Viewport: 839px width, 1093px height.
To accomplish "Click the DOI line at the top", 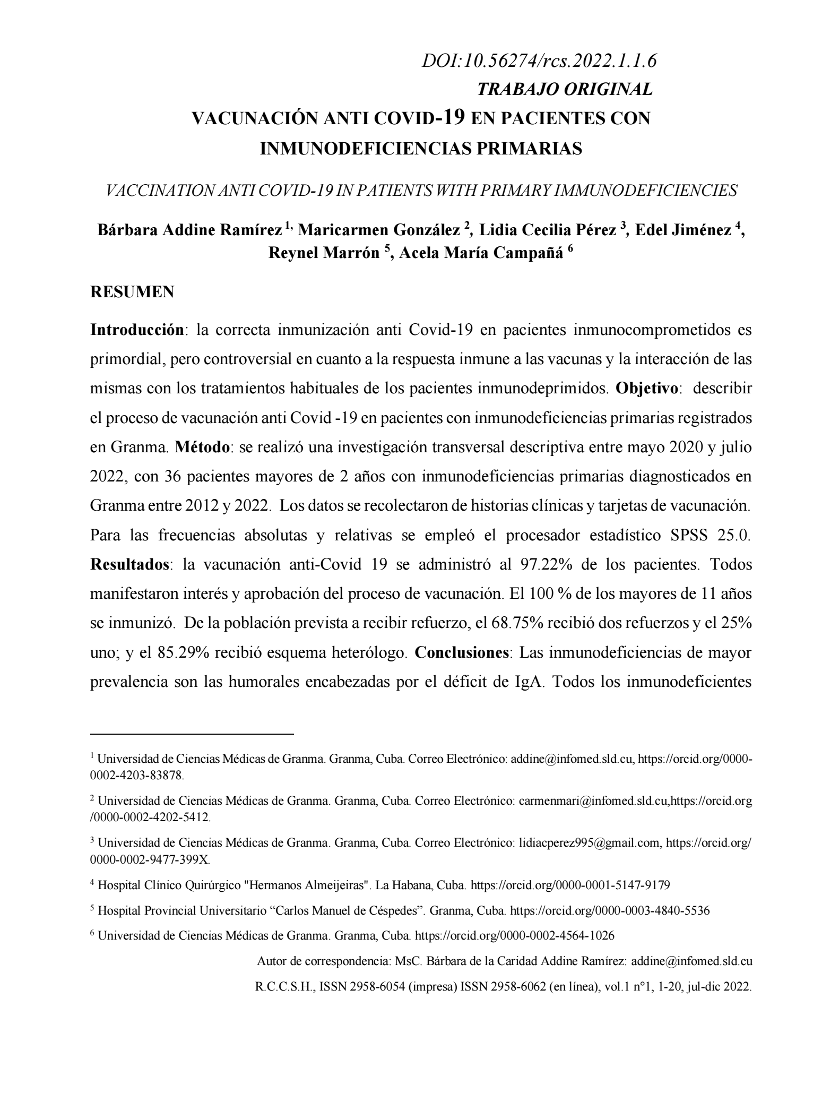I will click(539, 61).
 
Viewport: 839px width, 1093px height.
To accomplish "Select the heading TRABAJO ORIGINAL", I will click(565, 89).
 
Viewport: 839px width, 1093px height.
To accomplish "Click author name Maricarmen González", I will click(379, 230).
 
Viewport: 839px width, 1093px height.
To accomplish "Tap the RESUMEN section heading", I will click(132, 291).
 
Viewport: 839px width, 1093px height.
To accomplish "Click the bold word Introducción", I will click(137, 330).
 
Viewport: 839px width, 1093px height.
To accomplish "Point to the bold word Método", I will click(202, 447).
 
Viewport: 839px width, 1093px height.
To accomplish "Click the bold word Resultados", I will click(129, 564).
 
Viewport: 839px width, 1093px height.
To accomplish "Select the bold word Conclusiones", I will click(461, 652).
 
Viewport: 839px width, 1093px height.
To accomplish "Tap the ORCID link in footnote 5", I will click(610, 910).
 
